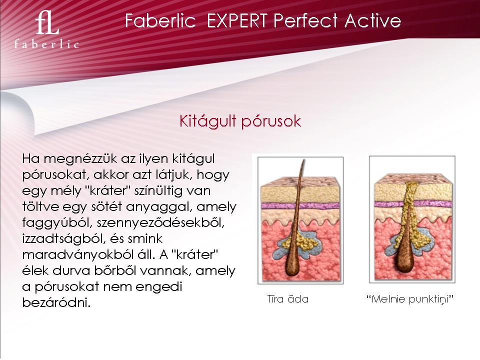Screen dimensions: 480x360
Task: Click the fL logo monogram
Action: click(x=47, y=23)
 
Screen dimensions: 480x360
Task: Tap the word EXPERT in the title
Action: click(x=237, y=21)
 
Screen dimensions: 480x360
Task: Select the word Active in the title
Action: click(x=372, y=21)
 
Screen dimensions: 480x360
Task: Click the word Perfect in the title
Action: click(x=305, y=21)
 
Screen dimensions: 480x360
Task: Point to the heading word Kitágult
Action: click(x=207, y=120)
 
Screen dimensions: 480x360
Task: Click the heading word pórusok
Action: click(x=271, y=121)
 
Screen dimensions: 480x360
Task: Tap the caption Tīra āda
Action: click(x=288, y=299)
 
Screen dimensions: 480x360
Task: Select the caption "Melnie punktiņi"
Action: click(x=410, y=299)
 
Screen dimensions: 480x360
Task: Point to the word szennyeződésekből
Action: click(x=160, y=222)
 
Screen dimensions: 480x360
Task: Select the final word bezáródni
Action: click(x=56, y=302)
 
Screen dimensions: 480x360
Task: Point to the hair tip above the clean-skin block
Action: click(x=303, y=160)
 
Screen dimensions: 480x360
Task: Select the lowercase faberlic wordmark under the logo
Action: click(x=47, y=44)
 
